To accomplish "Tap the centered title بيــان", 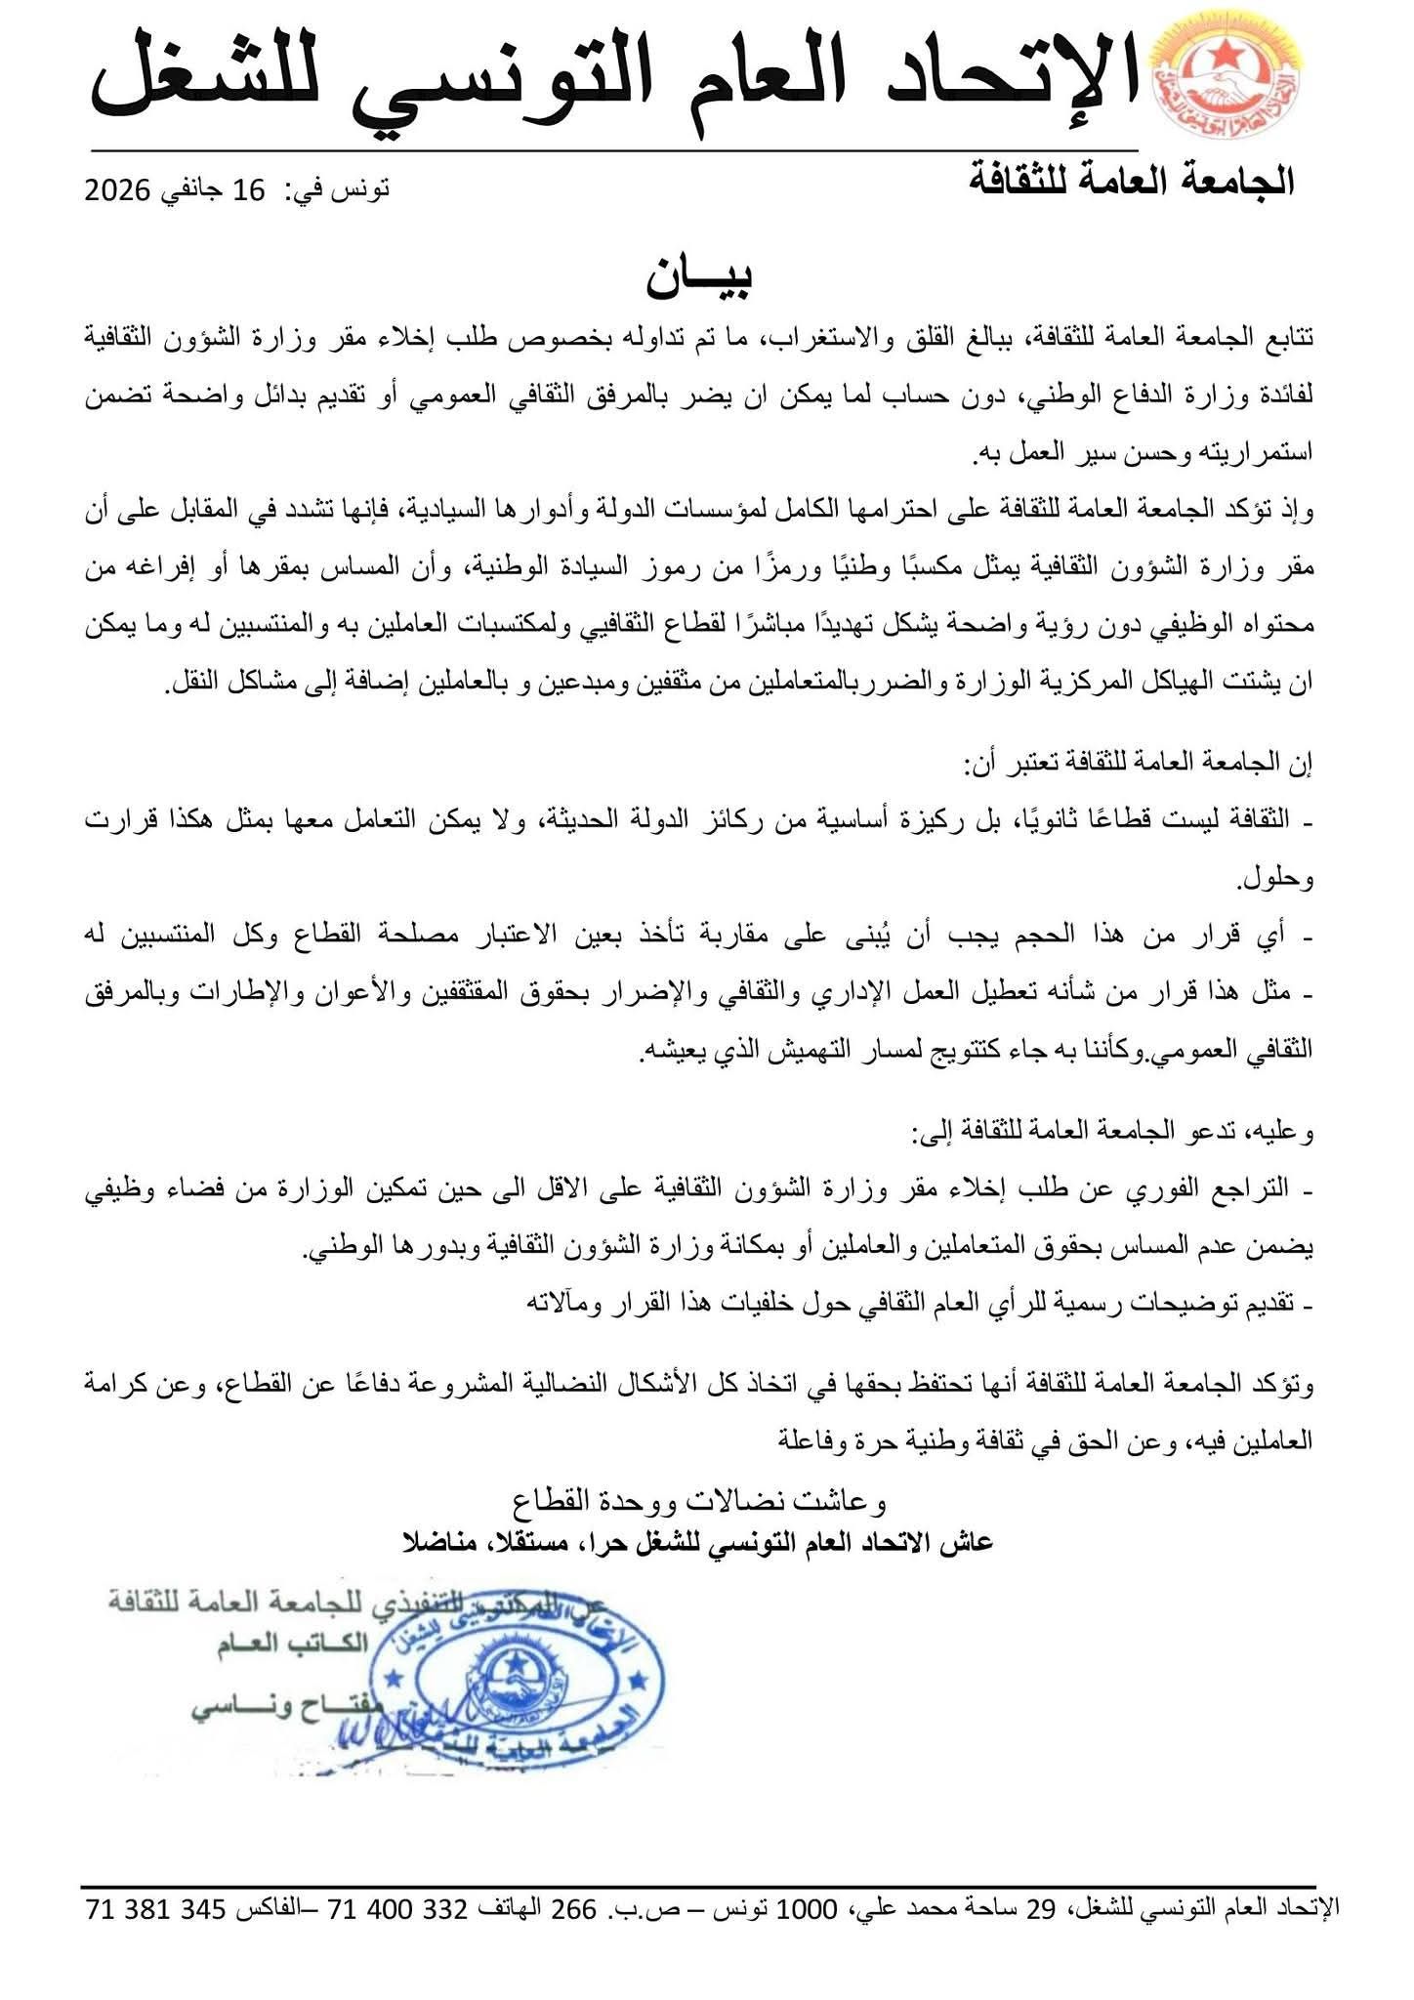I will click(698, 280).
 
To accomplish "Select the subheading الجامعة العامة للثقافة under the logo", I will click(1132, 182).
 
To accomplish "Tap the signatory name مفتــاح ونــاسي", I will click(278, 1709).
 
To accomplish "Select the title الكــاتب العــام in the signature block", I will click(294, 1644).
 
